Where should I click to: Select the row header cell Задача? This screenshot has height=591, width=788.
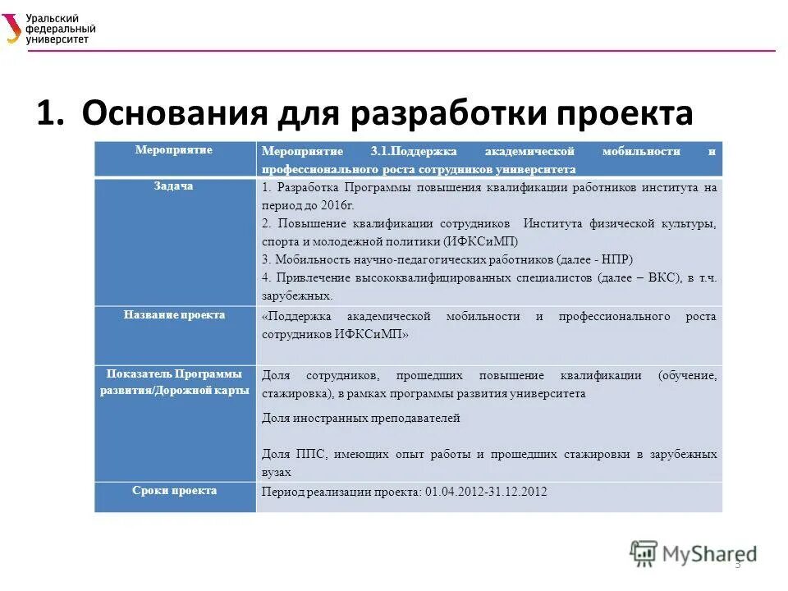tap(173, 186)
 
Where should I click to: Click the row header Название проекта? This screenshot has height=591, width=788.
tap(174, 315)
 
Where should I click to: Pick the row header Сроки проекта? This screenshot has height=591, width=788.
tap(174, 491)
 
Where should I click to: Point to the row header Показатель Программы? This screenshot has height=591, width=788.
tap(174, 374)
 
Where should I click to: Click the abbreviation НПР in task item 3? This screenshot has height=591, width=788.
tap(611, 259)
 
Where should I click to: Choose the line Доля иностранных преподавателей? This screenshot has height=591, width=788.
tap(360, 418)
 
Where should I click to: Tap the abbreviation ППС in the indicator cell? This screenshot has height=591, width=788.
tap(301, 454)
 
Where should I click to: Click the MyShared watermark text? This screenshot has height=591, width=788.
tap(710, 553)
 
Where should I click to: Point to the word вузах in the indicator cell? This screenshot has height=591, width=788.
tap(277, 473)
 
